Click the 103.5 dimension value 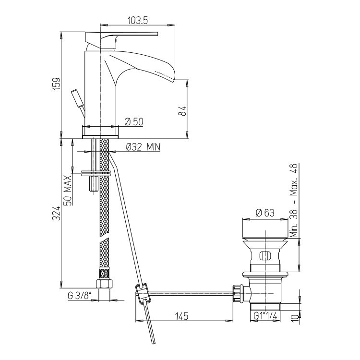[138, 21]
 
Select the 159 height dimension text [57, 84]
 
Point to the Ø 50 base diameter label [134, 121]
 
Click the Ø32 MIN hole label [143, 147]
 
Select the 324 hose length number [57, 214]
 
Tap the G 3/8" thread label [80, 295]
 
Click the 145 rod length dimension [182, 316]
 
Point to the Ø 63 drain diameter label [265, 213]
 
